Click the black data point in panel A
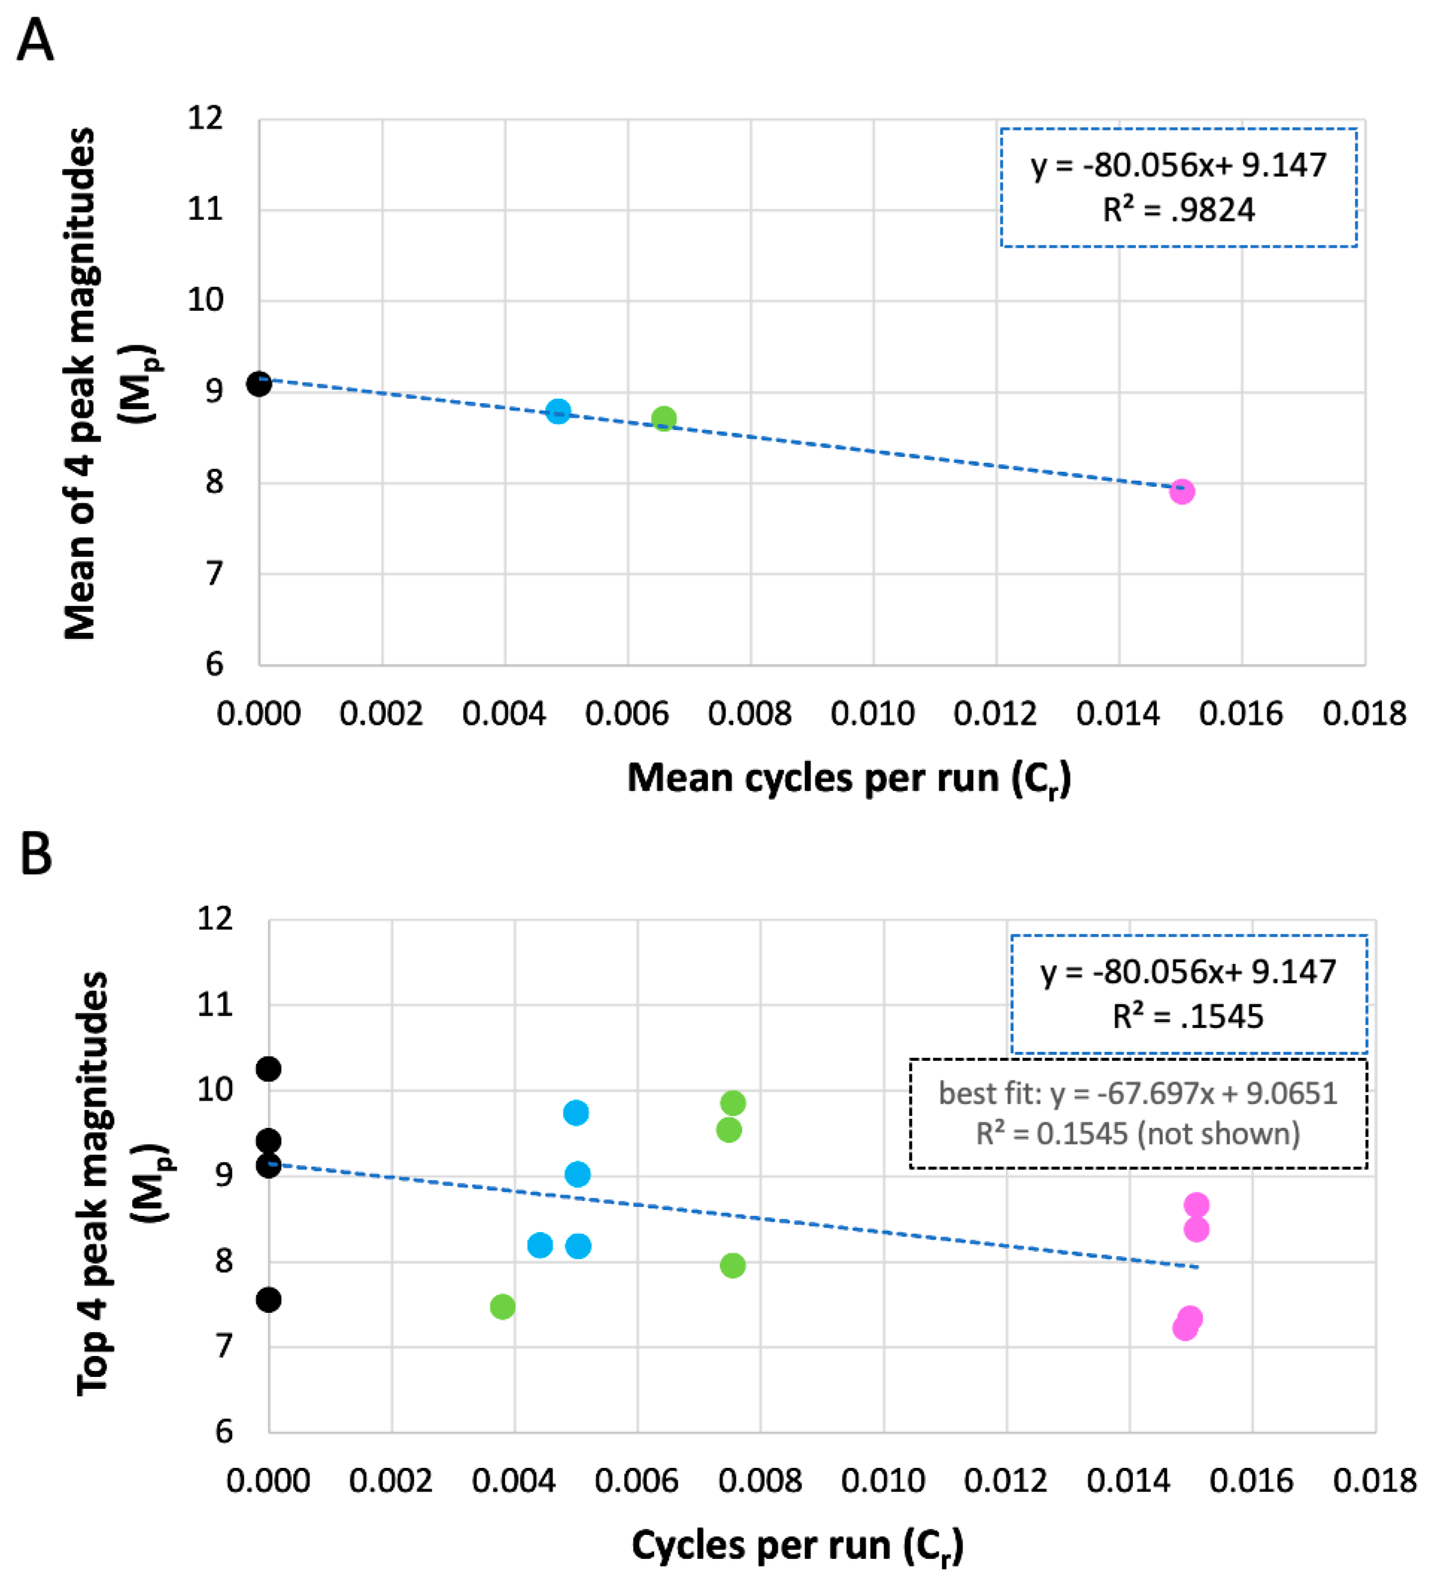coord(259,384)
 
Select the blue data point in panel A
coord(558,411)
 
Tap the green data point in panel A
coord(664,418)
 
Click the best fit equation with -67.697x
coord(1137,1093)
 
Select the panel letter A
coord(35,41)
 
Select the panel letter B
coord(35,854)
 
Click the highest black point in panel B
coord(268,1069)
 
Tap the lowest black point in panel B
coord(268,1300)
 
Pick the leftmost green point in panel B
coord(502,1307)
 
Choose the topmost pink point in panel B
coord(1196,1205)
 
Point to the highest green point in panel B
coord(733,1103)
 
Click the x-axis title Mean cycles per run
coord(848,779)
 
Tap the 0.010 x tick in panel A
coord(872,714)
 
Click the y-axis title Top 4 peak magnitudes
coord(92,1182)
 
